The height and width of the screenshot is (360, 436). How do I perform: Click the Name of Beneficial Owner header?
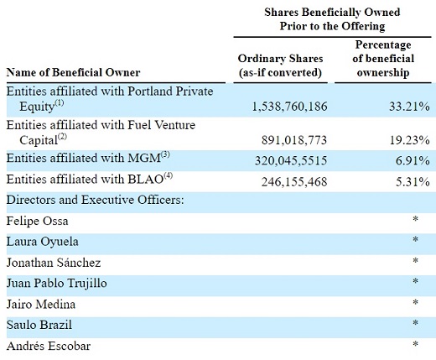[73, 72]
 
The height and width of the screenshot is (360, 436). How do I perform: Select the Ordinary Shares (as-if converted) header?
[280, 65]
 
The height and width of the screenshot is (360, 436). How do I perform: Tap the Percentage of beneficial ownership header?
[383, 59]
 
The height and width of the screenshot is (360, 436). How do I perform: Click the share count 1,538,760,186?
[289, 107]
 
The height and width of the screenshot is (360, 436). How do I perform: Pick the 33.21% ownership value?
[409, 107]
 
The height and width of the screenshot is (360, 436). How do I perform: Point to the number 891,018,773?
[294, 140]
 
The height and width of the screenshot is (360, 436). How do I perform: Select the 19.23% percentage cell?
[410, 140]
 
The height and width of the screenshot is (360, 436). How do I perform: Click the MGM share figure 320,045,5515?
[291, 161]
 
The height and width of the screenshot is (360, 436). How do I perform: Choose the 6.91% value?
[413, 161]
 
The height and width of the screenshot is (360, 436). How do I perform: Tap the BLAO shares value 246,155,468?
[294, 182]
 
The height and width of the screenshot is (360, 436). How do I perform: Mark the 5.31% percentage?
[413, 182]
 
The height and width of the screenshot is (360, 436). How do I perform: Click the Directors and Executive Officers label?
[96, 200]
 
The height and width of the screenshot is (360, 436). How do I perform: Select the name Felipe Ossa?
[37, 221]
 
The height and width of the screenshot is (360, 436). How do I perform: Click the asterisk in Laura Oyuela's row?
[416, 240]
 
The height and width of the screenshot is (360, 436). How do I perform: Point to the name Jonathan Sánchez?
[54, 263]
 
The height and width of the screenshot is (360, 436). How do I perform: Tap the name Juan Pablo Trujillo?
[57, 283]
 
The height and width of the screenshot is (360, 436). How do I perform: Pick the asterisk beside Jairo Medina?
[416, 302]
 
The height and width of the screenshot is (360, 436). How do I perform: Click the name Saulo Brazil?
[39, 325]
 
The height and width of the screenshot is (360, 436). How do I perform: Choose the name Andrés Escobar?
[49, 346]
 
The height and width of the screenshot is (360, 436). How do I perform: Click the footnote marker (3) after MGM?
[165, 155]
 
